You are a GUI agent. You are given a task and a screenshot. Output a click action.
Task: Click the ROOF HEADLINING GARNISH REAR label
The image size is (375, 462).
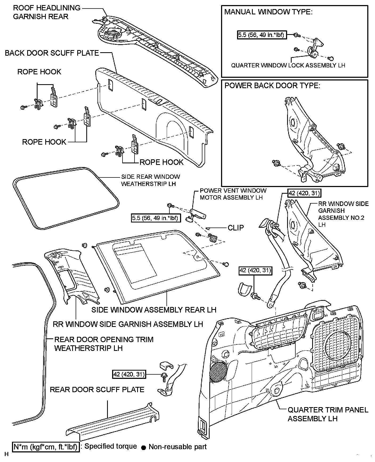[x=47, y=12]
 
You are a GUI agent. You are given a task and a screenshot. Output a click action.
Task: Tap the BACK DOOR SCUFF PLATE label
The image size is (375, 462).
[x=52, y=53]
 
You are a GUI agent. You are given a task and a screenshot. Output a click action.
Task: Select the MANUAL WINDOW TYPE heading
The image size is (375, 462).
[x=268, y=12]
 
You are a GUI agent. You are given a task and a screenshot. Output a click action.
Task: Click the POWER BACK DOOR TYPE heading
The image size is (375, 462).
[x=272, y=86]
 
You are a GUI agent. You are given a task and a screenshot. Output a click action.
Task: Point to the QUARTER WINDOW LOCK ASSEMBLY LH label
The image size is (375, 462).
[x=288, y=65]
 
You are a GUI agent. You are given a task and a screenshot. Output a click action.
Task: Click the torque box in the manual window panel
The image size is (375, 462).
[x=262, y=35]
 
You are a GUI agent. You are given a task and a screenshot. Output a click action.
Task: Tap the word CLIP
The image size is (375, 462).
[x=236, y=228]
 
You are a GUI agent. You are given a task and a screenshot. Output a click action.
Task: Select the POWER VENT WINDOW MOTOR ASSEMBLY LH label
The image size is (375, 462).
[x=233, y=194]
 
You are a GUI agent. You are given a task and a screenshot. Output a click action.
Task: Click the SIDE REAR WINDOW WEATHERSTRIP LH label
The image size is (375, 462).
[x=150, y=180]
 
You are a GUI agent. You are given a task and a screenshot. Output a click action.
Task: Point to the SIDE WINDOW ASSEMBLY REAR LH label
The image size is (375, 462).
[x=154, y=310]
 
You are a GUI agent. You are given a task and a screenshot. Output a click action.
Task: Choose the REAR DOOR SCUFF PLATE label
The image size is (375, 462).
[x=97, y=390]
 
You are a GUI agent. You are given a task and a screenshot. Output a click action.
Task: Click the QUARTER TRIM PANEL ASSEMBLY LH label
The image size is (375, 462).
[x=328, y=414]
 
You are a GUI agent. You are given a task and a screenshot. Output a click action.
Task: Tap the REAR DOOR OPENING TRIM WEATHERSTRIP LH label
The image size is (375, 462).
[x=104, y=344]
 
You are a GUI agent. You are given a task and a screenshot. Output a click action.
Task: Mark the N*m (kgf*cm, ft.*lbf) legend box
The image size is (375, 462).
[x=46, y=447]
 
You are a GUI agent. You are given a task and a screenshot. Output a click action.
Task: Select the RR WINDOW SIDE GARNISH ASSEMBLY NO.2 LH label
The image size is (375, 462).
[x=343, y=214]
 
